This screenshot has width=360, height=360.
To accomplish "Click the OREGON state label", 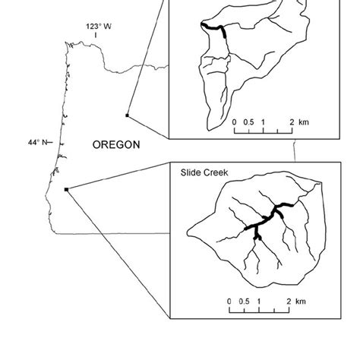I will pos(115,144).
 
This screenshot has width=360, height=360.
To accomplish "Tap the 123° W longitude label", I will pos(99,27).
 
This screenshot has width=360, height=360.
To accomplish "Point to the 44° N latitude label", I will pos(38,142).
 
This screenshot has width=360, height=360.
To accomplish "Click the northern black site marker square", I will pos(127,115).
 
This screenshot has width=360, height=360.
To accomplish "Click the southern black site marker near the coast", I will pos(67,189).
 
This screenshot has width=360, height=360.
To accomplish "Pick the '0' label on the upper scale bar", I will pos(234,122).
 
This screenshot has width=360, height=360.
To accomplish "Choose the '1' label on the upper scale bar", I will pos(263,122).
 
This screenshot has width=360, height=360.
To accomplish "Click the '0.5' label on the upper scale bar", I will pos(248,122).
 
